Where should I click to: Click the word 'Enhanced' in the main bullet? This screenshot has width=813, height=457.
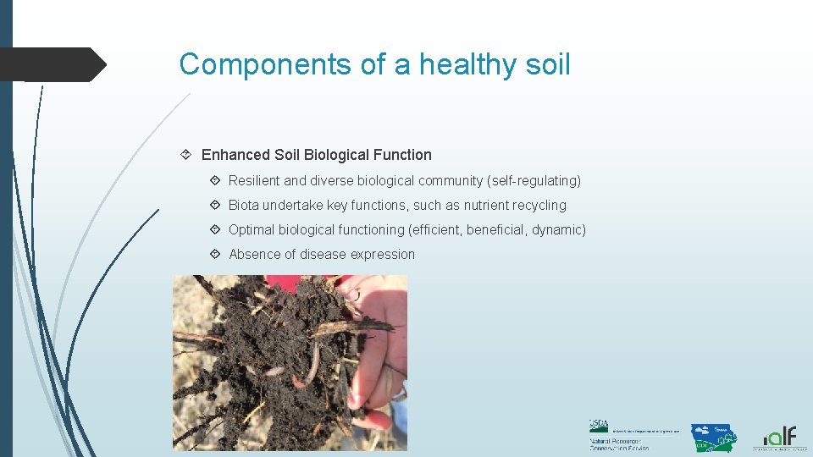236,155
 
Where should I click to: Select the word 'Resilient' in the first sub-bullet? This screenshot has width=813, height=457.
254,180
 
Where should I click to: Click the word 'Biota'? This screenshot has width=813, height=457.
244,205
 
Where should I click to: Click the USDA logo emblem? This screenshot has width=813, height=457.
600,426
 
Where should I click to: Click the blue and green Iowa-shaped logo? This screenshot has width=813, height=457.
713,438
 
